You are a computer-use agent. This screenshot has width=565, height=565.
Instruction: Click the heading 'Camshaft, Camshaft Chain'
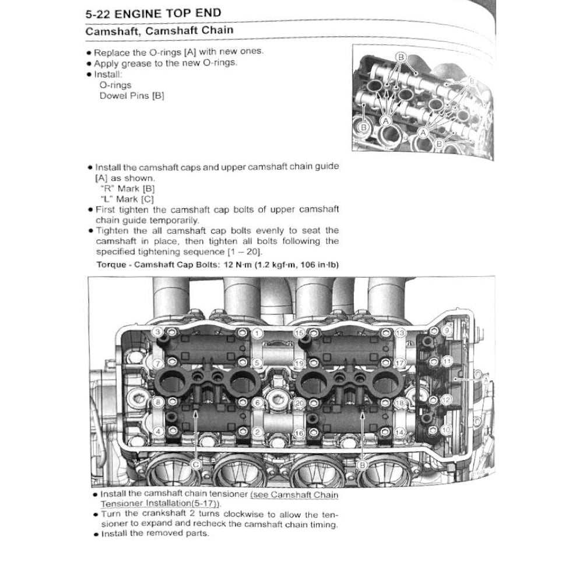160,31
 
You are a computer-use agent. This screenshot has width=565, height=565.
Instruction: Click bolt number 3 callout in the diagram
157,332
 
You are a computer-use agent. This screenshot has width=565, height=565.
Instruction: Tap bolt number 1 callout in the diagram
258,333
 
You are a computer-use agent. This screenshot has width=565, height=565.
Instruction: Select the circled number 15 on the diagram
299,332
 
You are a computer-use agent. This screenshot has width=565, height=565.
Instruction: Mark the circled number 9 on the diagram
447,330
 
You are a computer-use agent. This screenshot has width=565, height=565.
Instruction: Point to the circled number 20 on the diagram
299,402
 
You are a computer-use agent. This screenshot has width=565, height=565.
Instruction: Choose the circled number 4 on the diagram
157,431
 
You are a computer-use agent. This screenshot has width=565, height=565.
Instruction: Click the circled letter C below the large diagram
196,464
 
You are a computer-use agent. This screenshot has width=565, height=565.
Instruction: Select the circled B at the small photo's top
401,57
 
